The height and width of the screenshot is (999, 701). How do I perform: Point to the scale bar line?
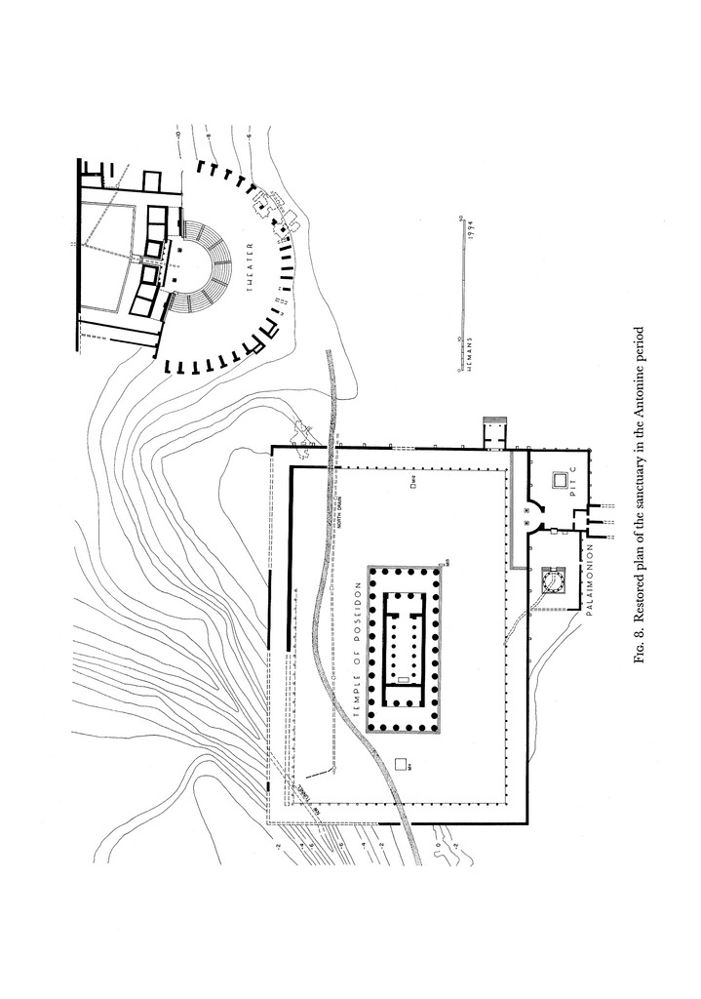point(458,293)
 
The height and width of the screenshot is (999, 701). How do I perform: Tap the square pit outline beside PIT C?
point(559,481)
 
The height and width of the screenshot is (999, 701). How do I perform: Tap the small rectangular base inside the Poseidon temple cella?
point(401,676)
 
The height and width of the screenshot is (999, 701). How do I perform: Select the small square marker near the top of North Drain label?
point(413,480)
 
